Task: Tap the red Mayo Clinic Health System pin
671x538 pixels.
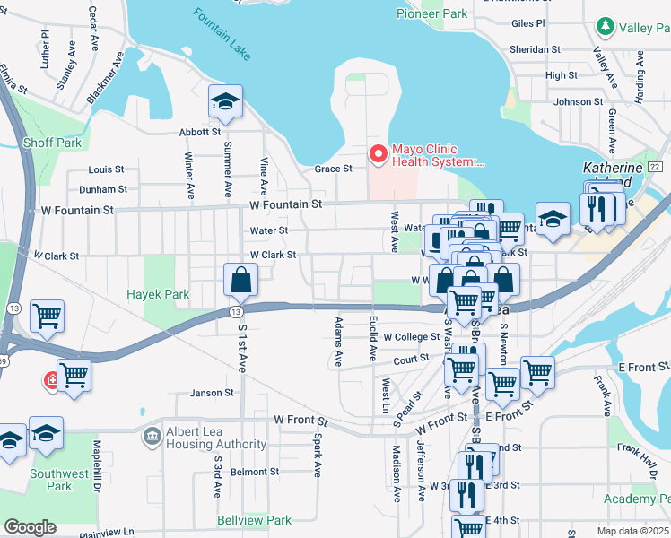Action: click(378, 155)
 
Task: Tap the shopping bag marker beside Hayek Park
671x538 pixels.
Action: click(242, 281)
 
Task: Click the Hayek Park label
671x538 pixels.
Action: click(158, 294)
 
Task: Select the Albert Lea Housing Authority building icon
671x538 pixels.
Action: click(152, 437)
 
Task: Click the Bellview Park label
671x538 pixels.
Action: click(254, 520)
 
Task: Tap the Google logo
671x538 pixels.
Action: click(30, 527)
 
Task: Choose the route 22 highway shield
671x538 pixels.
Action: click(655, 167)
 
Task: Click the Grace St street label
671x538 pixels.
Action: click(332, 169)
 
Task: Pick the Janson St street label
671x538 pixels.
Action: click(212, 392)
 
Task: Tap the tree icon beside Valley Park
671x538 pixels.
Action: click(606, 28)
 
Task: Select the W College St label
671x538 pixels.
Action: click(411, 337)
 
